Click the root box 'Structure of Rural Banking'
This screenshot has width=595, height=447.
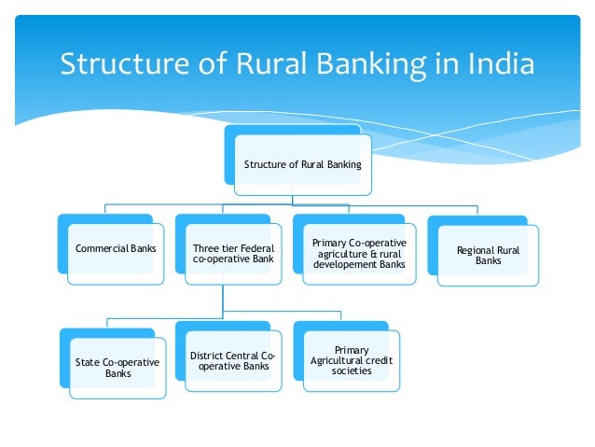(x=302, y=164)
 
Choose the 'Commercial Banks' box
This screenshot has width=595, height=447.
(x=115, y=249)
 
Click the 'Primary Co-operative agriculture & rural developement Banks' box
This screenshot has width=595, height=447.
(x=360, y=254)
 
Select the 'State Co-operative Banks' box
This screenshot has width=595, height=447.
(x=117, y=367)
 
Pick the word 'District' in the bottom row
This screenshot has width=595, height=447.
(x=207, y=356)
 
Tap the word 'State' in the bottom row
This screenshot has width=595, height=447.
(x=88, y=362)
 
